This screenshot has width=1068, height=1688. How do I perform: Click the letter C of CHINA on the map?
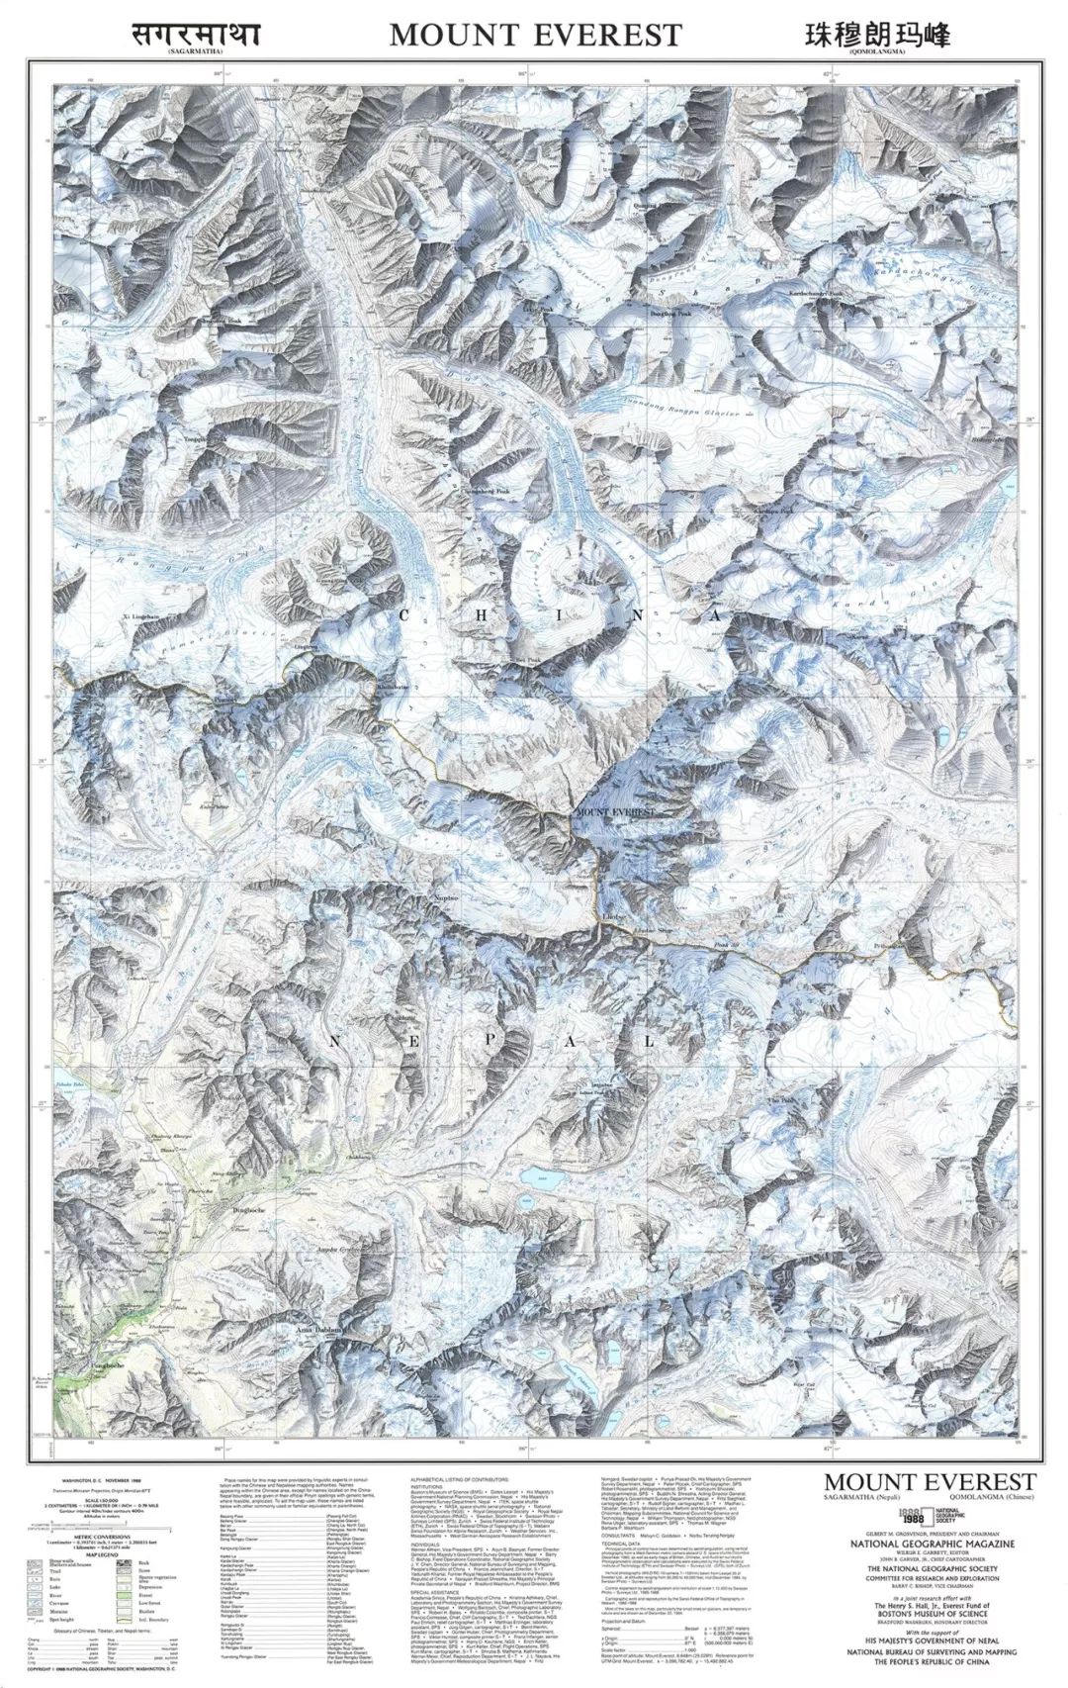coord(402,615)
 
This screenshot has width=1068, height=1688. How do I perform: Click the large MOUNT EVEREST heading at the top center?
coord(535,35)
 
